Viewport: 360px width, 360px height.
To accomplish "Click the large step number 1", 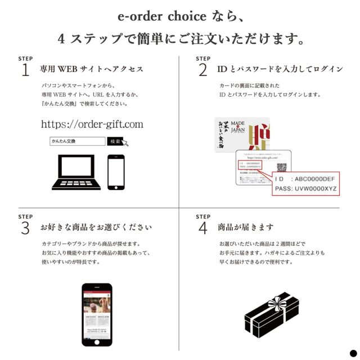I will (25, 70).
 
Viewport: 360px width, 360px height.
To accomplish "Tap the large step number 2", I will (202, 70).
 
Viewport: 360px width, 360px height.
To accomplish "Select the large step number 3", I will (25, 228).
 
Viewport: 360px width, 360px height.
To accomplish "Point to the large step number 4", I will (202, 228).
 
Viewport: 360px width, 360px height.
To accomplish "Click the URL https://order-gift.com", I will (92, 124).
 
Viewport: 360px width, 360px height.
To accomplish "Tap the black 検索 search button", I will (115, 141).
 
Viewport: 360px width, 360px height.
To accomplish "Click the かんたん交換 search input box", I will (77, 141).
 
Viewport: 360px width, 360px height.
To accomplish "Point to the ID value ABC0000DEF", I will (314, 179).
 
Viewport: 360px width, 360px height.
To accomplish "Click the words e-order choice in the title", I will (154, 16).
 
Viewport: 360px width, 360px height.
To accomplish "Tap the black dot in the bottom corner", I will (353, 353).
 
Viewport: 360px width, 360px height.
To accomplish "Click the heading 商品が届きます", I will (246, 227).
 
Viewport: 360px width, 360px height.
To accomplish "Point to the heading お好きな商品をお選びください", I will (96, 227).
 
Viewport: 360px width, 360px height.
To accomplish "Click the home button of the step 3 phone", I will (97, 342).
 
